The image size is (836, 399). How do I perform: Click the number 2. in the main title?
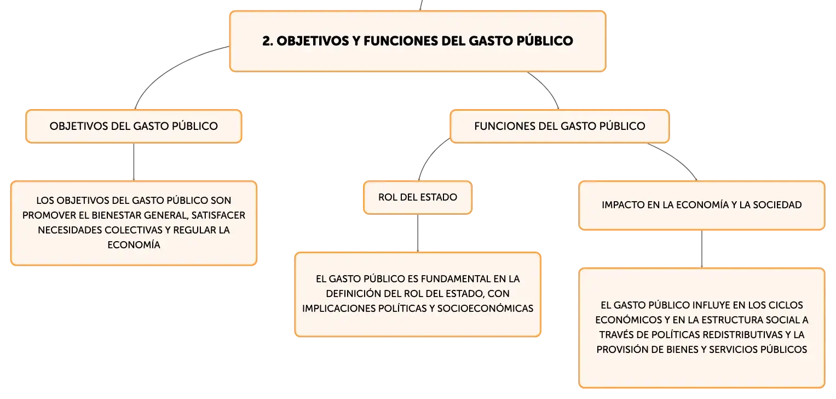[267, 41]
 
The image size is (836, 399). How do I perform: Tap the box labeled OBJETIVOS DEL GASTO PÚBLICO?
[134, 126]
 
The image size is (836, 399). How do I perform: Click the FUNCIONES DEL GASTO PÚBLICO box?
[560, 126]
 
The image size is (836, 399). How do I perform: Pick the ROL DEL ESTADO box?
[418, 197]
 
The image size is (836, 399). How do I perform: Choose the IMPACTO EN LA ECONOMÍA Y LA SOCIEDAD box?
[702, 205]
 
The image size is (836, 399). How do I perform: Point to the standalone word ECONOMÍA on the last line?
[134, 244]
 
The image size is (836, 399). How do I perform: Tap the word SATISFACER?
[218, 215]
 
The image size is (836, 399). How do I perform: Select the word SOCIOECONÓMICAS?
[485, 308]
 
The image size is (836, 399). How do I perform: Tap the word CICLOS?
[787, 305]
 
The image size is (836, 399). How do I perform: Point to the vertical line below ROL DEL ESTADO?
[418, 233]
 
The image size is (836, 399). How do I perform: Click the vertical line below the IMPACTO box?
[702, 249]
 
